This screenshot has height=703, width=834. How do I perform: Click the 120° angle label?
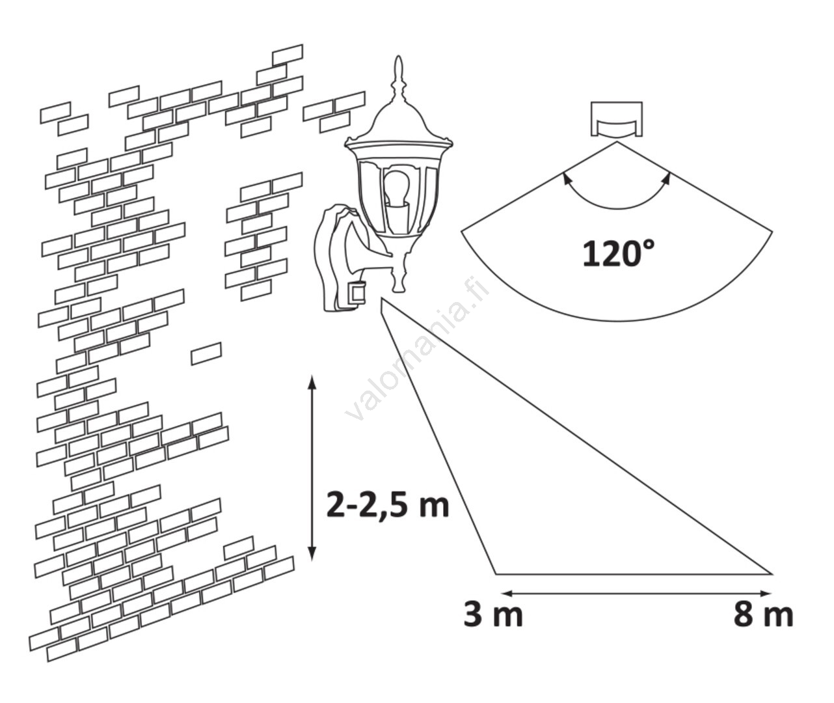click(x=618, y=254)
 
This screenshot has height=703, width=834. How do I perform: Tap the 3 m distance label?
click(x=493, y=615)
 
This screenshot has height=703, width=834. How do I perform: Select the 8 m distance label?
click(x=763, y=615)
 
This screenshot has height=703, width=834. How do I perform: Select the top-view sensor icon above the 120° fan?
click(x=617, y=119)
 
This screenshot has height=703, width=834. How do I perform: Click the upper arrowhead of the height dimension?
click(x=312, y=383)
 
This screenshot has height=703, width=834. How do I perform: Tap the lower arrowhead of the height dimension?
click(x=312, y=553)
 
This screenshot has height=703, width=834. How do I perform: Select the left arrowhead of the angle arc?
click(x=566, y=178)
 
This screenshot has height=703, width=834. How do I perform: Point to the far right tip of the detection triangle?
click(x=772, y=574)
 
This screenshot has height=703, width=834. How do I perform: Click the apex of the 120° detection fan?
click(x=617, y=142)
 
